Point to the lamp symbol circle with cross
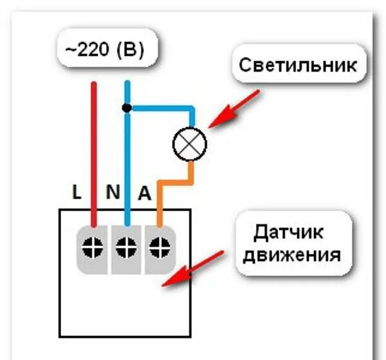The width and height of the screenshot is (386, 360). pos(190,142)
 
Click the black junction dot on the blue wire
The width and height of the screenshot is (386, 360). pos(127,108)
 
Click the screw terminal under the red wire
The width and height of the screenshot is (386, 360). pos(94,245)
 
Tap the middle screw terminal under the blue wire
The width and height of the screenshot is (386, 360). pos(127,245)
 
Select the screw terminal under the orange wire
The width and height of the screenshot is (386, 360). pos(160,245)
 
